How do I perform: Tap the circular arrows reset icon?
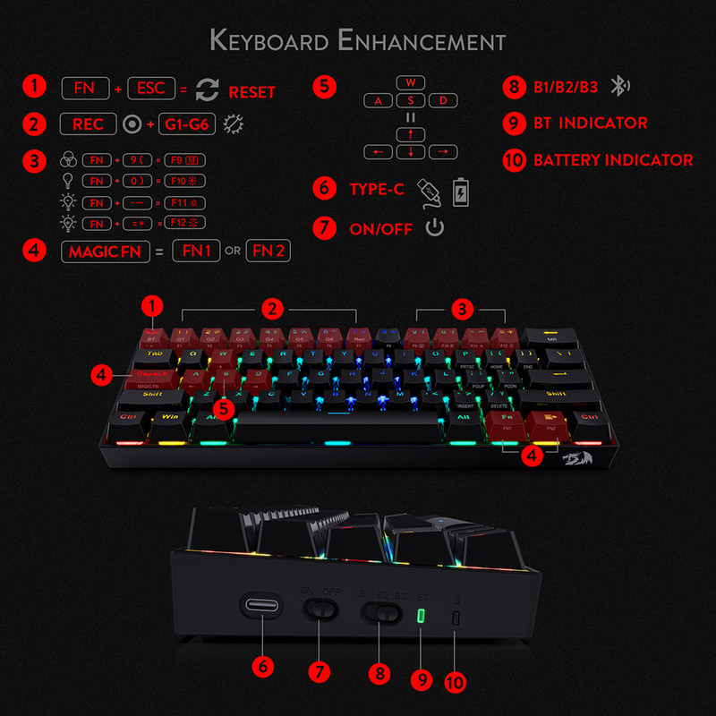tap(207, 89)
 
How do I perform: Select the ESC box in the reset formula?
tap(150, 89)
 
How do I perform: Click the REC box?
tap(88, 124)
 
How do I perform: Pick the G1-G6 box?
tap(187, 124)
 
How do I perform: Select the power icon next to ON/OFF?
tap(434, 227)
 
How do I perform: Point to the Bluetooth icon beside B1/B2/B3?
tap(619, 87)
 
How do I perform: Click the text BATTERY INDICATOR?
tap(613, 160)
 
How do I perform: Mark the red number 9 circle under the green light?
tap(422, 678)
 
